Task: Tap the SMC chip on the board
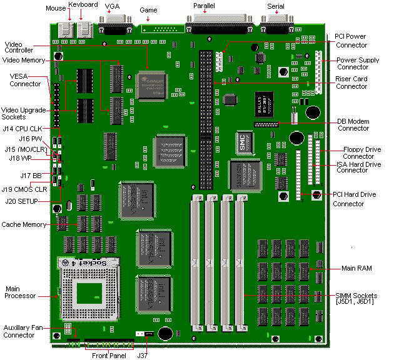point(243,141)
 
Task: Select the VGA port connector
point(114,26)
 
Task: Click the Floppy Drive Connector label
point(363,152)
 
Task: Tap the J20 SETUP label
point(22,201)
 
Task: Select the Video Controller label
point(19,47)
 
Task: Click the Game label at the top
point(149,11)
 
